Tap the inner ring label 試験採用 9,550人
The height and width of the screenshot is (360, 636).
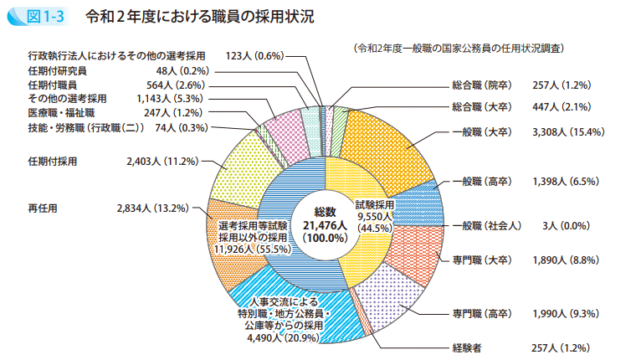click(374, 215)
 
